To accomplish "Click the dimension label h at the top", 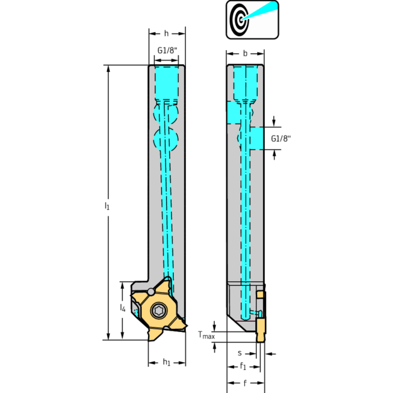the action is pos(166,34).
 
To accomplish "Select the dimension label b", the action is pos(245,53).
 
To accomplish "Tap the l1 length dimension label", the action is pos(107,206).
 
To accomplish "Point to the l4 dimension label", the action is pos(122,308).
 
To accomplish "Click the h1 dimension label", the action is pos(167,362).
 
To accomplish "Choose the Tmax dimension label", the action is pos(206,335).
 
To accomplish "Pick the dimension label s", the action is pos(240,354).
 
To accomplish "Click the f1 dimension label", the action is pos(243,366).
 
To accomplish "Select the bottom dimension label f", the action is pos(245,383).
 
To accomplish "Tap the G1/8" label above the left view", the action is pos(167,50).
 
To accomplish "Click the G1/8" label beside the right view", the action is pos(281,138).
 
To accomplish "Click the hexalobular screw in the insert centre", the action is pos(159,311).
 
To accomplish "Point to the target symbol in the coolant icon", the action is pos(239,19).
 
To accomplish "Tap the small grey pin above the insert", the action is pos(151,292).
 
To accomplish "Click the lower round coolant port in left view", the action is pos(166,139).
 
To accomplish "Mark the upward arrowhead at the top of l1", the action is pos(108,69).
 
